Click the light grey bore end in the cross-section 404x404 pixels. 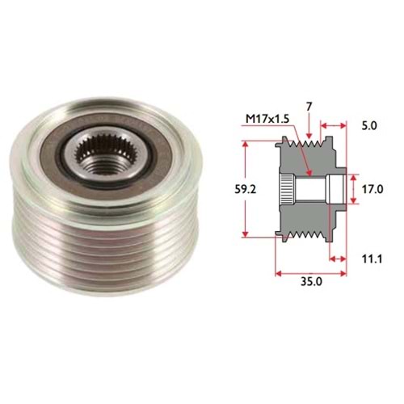(339, 190)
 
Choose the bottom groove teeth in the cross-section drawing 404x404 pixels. (311, 235)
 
